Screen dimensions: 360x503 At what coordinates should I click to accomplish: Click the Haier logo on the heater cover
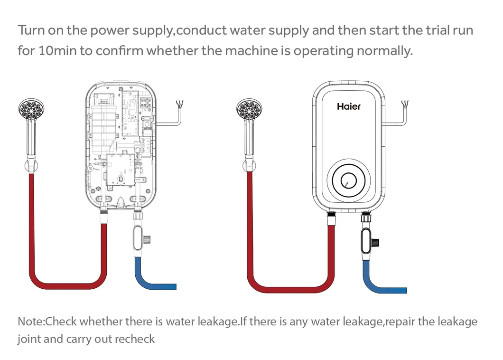coord(348,106)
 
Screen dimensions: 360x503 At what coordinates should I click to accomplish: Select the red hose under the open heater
coord(66,284)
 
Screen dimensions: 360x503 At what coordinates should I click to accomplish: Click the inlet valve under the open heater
coord(140,237)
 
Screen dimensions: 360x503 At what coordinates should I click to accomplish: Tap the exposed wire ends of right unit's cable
coord(405,104)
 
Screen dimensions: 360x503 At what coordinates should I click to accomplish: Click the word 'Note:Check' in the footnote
coord(47,322)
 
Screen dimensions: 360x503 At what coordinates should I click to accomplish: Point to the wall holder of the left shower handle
coord(29,166)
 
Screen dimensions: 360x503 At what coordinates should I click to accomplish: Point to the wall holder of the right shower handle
coord(249,166)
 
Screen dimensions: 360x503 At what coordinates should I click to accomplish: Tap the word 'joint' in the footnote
coord(28,339)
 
